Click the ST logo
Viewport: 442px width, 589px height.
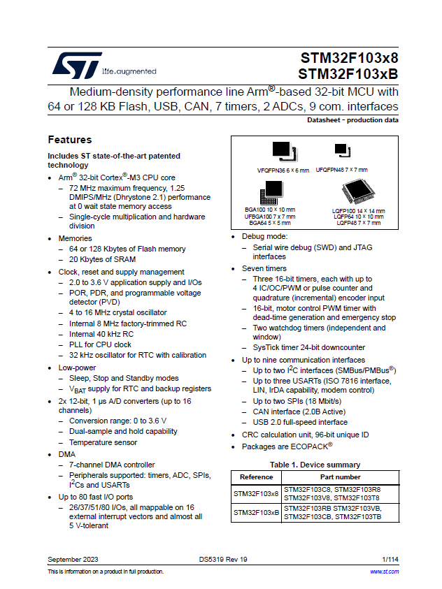pos(76,65)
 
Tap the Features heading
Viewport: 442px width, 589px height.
pos(69,140)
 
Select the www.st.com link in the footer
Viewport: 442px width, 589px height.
pos(384,572)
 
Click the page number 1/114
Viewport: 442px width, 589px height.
pos(390,560)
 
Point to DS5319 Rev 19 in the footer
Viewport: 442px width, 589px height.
pos(222,560)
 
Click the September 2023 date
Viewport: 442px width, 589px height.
pos(73,560)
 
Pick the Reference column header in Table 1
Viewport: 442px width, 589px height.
pos(256,477)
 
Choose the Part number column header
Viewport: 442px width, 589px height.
pos(340,477)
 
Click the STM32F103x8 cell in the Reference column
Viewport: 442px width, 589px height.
pos(256,493)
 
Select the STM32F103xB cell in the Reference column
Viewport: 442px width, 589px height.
pos(256,513)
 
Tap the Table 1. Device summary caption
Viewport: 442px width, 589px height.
pos(315,465)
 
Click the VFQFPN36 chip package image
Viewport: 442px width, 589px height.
pos(282,150)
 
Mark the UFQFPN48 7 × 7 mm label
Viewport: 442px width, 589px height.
pos(341,170)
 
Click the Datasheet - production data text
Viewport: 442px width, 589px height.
pos(352,120)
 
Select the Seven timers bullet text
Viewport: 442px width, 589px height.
pos(264,268)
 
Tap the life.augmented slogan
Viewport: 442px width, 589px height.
pos(129,71)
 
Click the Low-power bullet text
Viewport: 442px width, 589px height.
pos(78,367)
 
